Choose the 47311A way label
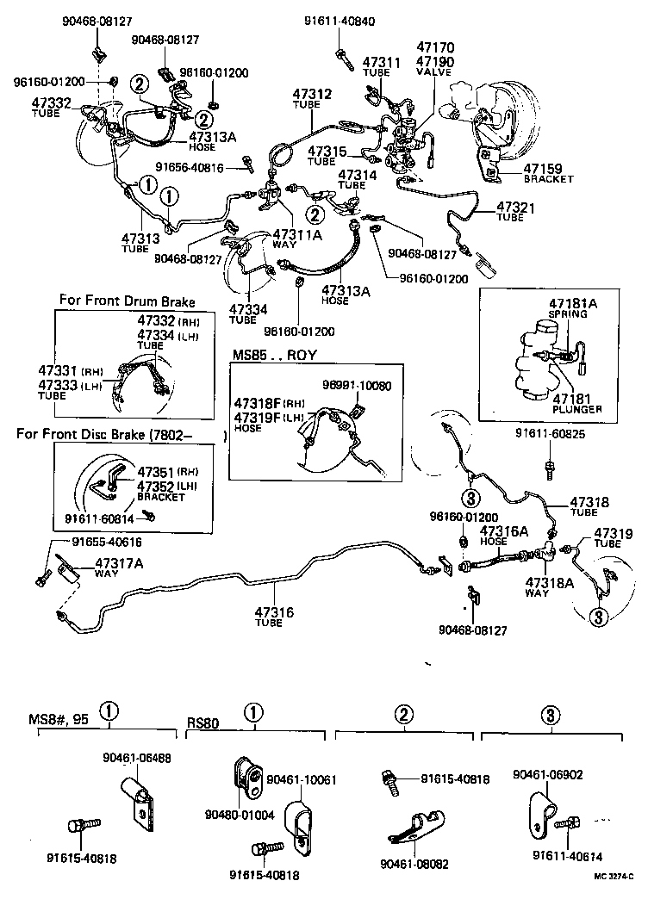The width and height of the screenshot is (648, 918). pos(297,234)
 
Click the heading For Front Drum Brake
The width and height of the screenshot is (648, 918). pos(127,301)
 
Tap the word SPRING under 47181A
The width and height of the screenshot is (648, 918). pos(568,314)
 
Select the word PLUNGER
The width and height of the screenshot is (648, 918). pos(576,409)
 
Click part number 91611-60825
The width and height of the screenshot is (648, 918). pos(551,434)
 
